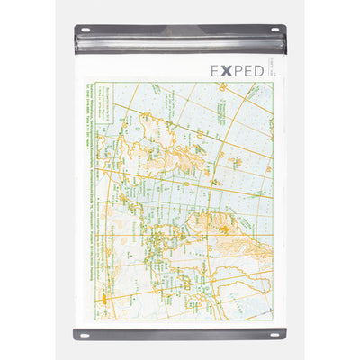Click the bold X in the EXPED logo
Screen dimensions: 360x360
(x=229, y=70)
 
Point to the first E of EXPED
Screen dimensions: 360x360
(x=216, y=70)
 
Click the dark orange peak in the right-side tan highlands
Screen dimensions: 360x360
(x=243, y=223)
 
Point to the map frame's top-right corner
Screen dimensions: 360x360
(x=271, y=84)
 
